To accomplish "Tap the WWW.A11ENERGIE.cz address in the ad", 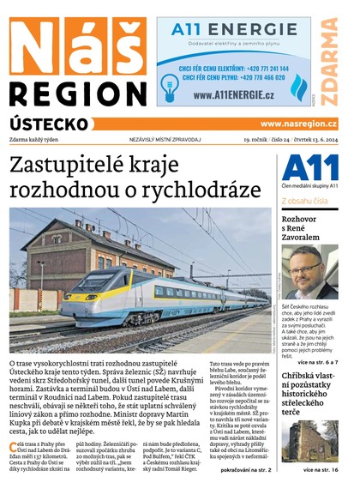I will pos(233,95).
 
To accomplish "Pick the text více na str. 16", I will pos(326,470).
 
